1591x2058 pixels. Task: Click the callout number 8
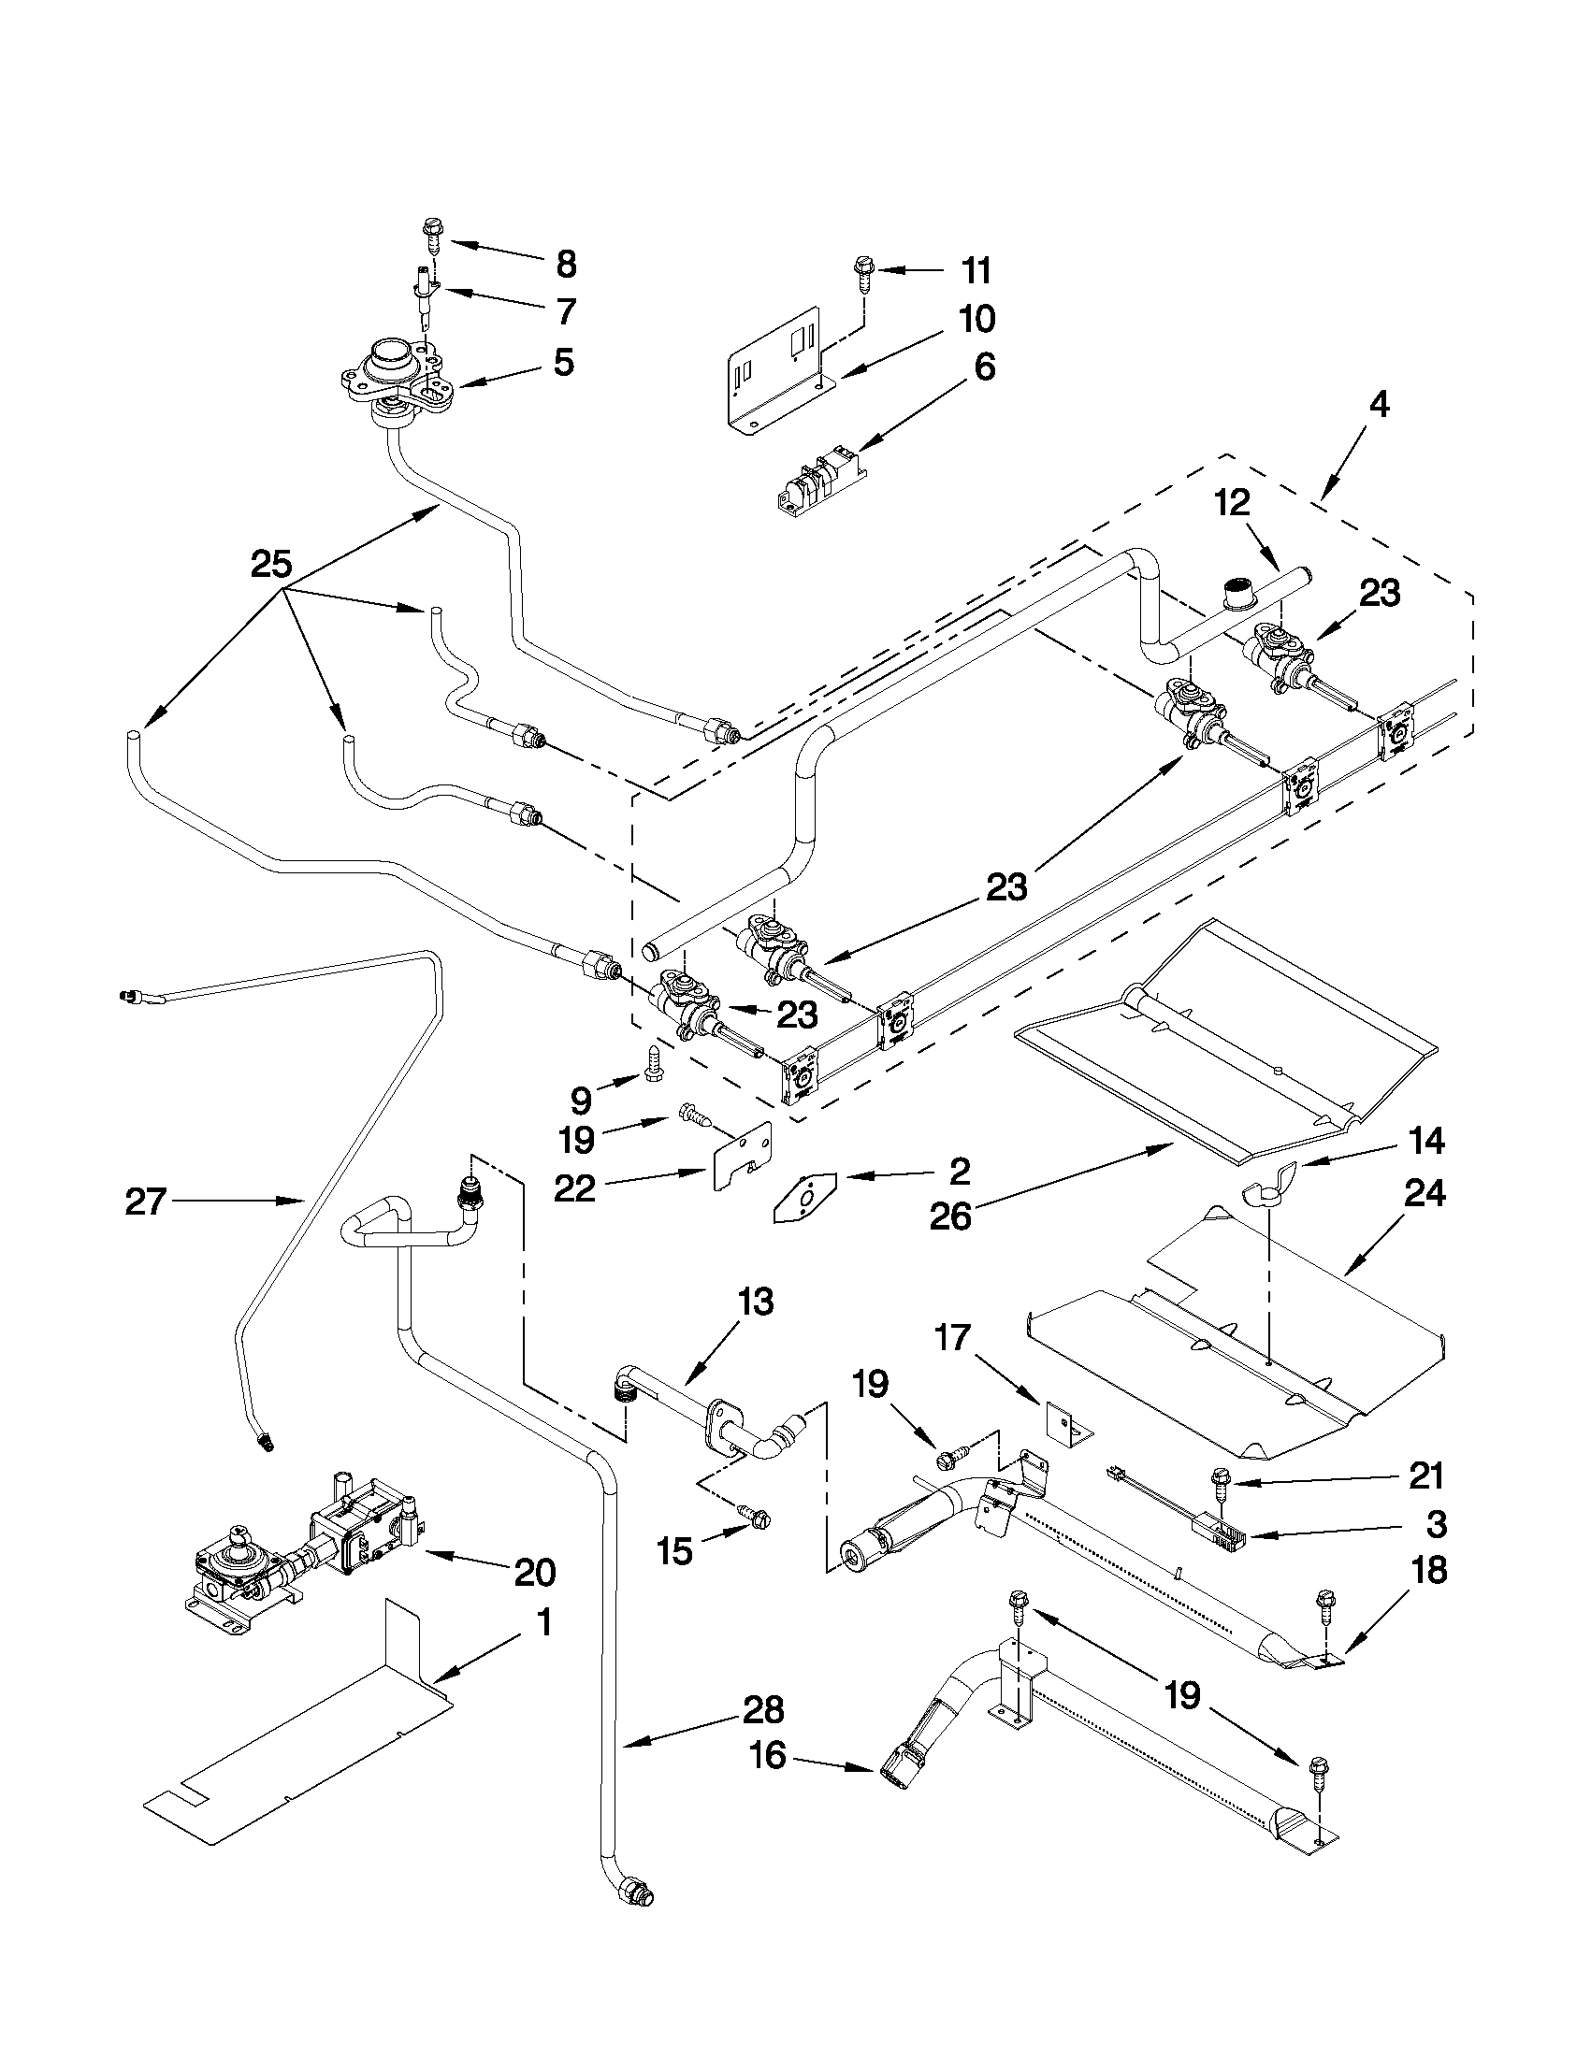(566, 264)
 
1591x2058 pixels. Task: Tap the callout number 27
(145, 1202)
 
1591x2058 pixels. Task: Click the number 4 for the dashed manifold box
(1378, 405)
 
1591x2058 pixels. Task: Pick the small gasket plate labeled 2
(804, 1196)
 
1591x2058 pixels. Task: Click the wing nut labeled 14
(1268, 1189)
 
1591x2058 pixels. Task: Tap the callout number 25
(270, 565)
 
